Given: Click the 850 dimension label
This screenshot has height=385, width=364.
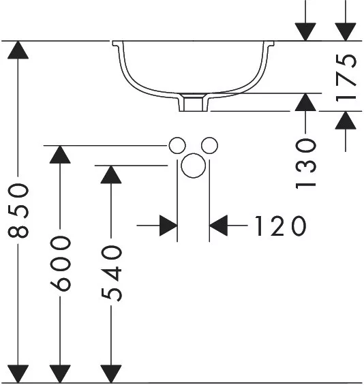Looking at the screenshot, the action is click(18, 211).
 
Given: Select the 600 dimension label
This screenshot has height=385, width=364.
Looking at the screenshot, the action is click(61, 264).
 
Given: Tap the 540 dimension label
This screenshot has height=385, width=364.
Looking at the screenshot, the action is click(111, 273).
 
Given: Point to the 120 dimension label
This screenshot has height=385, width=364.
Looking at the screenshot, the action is click(280, 226).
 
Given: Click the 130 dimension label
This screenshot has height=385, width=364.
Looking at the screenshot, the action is click(305, 164).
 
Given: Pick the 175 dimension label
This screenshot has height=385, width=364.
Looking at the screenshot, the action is click(346, 78).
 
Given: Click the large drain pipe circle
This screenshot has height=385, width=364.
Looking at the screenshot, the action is click(193, 166).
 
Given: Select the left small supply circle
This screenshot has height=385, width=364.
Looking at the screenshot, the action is click(177, 146).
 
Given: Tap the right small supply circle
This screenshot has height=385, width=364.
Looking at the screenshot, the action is click(209, 146).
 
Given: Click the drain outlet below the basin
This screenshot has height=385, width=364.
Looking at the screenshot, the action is click(194, 103).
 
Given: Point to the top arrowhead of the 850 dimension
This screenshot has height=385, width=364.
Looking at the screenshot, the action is click(18, 50).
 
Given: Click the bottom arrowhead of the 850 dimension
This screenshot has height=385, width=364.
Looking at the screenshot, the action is click(18, 373).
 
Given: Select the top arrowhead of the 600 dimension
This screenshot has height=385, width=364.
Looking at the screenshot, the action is click(60, 155).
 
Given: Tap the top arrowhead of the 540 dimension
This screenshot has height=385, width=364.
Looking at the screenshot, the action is click(111, 174).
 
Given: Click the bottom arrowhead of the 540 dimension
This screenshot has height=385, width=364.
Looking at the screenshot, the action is click(111, 373).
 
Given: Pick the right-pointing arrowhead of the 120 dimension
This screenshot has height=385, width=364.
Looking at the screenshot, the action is click(168, 226).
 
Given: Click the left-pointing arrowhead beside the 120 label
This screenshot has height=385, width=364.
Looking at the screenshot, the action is click(218, 226).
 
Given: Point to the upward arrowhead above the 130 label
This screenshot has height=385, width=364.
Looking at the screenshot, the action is click(305, 102).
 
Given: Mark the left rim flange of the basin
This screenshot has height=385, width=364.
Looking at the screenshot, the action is click(117, 44).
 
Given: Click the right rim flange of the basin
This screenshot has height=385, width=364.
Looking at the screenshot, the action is click(269, 44).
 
